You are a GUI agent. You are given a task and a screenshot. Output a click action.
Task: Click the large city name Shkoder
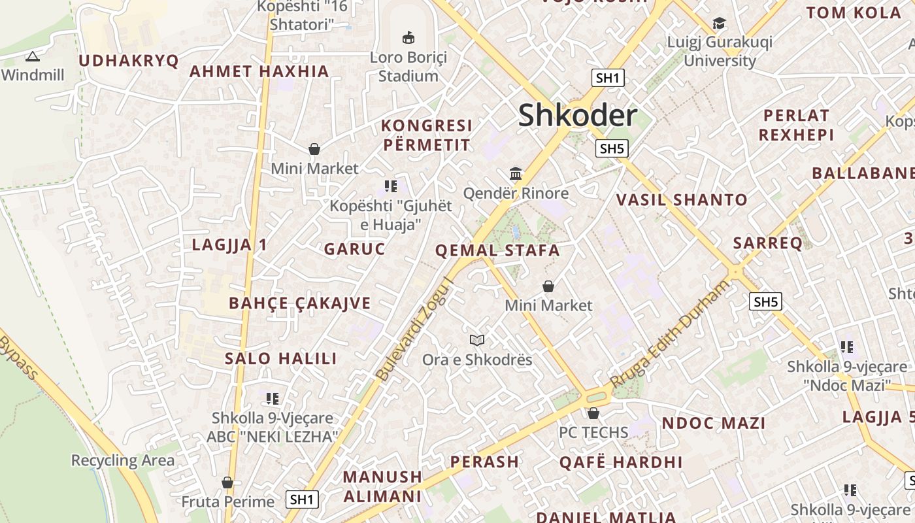(x=577, y=116)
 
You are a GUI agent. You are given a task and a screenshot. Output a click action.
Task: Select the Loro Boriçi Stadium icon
(x=408, y=38)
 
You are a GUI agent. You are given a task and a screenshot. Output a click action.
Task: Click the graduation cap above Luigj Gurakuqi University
(x=719, y=24)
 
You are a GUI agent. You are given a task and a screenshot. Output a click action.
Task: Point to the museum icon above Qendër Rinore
(x=516, y=174)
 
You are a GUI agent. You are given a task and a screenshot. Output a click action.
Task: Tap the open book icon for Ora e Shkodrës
(x=477, y=340)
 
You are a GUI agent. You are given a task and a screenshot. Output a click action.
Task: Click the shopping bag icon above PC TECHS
(x=593, y=413)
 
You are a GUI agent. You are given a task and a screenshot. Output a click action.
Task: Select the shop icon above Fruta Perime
(x=227, y=482)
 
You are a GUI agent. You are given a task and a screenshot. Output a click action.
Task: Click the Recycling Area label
(x=123, y=460)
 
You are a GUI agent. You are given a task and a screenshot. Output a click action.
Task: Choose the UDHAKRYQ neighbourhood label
(x=129, y=61)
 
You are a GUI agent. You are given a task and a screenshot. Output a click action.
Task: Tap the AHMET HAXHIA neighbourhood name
(x=259, y=71)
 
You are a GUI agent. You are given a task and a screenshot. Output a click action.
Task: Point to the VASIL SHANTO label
(x=682, y=200)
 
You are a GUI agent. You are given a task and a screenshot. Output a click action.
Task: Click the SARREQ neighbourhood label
(x=767, y=243)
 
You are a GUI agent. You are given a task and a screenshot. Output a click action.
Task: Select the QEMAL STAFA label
(x=497, y=250)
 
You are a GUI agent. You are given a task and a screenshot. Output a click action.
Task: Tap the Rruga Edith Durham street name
(x=669, y=333)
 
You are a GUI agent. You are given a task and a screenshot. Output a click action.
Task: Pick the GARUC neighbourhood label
(x=355, y=249)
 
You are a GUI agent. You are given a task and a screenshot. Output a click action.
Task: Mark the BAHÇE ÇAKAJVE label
(x=300, y=303)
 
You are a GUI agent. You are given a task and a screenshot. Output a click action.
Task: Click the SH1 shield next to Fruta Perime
(x=303, y=500)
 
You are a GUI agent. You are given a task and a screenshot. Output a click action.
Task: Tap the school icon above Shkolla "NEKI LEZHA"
(x=273, y=398)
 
